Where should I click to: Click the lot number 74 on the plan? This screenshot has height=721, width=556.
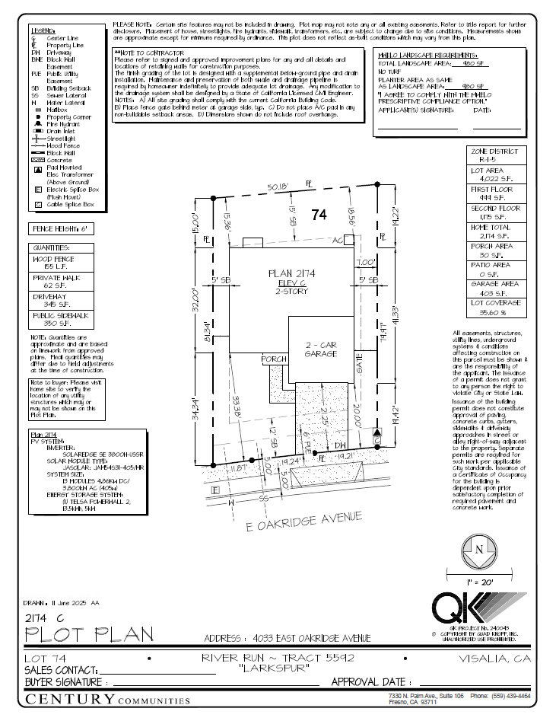(x=319, y=215)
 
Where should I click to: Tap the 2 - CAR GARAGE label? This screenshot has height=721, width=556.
(x=320, y=349)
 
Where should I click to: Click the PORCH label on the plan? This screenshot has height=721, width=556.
(x=274, y=359)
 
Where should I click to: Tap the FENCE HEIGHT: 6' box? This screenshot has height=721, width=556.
(x=60, y=228)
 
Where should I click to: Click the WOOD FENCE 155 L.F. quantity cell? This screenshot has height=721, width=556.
(x=60, y=263)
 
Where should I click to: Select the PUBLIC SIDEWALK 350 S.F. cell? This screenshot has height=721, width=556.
(x=60, y=319)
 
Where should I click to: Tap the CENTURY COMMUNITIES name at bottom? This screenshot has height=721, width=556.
(x=107, y=700)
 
